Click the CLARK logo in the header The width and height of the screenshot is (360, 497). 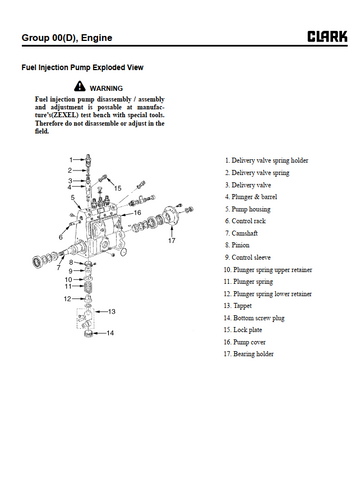(327, 36)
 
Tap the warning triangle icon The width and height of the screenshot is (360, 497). (80, 86)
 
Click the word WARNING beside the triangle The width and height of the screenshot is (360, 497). (106, 88)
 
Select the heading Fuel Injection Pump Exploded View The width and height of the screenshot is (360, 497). (82, 67)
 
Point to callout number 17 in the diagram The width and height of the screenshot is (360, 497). (171, 240)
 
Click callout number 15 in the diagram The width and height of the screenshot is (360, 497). (118, 188)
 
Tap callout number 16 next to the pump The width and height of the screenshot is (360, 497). (137, 212)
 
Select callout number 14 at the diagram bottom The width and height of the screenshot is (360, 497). (110, 333)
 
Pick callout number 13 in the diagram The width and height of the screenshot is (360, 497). (111, 311)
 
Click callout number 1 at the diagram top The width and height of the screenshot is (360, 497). (71, 159)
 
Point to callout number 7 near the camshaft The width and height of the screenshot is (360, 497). (59, 268)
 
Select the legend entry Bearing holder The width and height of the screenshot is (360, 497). (248, 354)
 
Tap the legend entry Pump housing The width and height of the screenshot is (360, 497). (248, 209)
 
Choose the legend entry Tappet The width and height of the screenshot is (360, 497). (238, 306)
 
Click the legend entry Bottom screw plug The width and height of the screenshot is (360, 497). (254, 318)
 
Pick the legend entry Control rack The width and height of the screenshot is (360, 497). (245, 221)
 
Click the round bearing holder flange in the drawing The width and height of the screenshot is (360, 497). (170, 216)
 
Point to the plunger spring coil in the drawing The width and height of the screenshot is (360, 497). (87, 287)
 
